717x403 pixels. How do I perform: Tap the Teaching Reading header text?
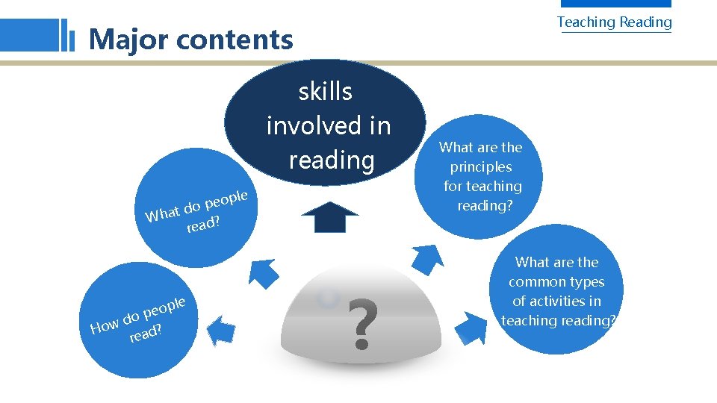[614, 22]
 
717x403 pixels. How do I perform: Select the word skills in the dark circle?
[325, 92]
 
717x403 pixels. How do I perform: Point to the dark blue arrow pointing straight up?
[329, 216]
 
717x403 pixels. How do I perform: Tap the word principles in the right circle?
[481, 166]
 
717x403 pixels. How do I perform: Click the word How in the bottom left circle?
[105, 325]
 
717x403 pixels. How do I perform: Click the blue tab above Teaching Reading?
[615, 4]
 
